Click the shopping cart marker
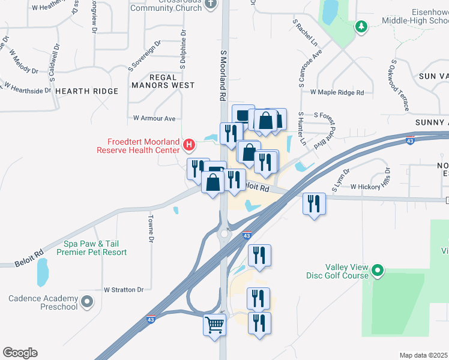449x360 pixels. (x=215, y=325)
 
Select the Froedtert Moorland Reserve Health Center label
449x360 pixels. (x=143, y=146)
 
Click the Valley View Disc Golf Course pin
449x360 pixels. (x=378, y=271)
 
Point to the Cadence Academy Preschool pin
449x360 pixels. (x=88, y=302)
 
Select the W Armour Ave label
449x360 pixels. (x=154, y=118)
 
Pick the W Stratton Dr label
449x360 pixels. (x=124, y=289)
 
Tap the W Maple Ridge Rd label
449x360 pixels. (x=337, y=92)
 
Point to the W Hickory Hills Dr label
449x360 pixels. (x=375, y=187)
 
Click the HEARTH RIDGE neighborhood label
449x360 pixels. (x=86, y=91)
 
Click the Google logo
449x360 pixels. (x=20, y=353)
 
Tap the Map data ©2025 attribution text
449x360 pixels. (x=424, y=355)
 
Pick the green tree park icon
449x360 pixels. (x=361, y=26)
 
